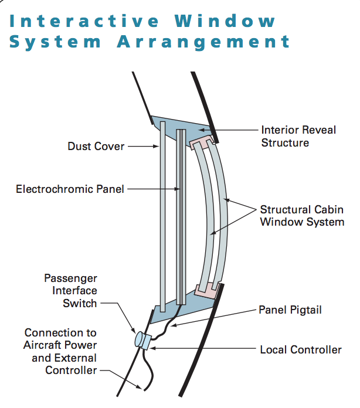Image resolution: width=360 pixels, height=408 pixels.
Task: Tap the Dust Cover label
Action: coord(96,145)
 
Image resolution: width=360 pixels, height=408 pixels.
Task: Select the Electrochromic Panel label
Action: coord(70,189)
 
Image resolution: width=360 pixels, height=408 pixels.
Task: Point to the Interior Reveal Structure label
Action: coord(299,136)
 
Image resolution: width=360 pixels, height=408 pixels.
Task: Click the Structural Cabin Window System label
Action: coord(302,216)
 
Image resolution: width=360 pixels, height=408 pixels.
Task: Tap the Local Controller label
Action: coord(300,350)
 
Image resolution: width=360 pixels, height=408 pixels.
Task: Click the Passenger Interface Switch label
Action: coord(71,290)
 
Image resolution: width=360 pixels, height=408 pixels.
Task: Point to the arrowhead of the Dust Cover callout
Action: coord(157,145)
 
